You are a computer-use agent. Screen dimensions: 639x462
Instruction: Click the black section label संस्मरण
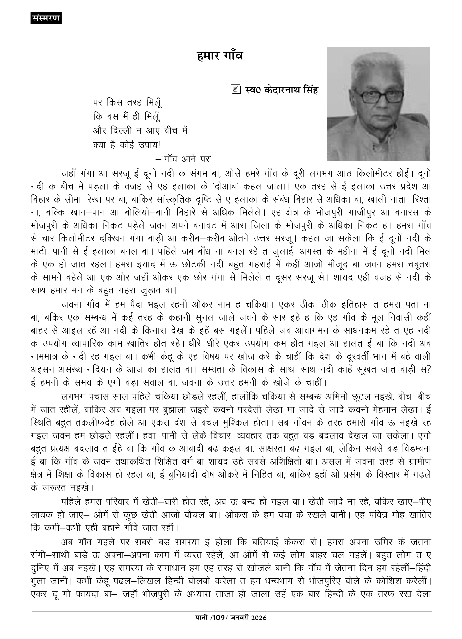pos(46,18)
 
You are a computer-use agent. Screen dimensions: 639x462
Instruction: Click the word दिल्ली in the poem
pos(123,131)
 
